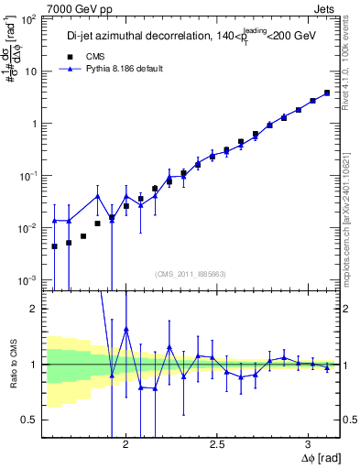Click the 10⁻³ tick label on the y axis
tap(30, 279)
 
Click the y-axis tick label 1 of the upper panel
tap(37, 124)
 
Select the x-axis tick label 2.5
tap(217, 446)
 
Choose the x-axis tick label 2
tap(126, 446)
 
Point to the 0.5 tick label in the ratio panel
tap(32, 420)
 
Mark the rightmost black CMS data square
tap(327, 93)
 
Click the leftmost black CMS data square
tap(54, 246)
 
